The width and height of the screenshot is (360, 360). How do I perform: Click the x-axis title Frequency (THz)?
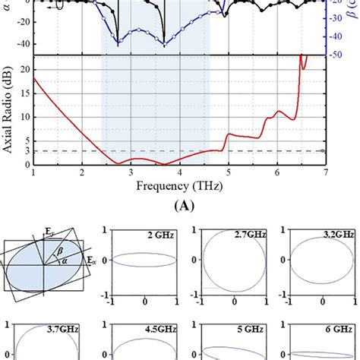pyautogui.click(x=179, y=185)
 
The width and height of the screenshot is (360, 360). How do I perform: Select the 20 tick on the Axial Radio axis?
pyautogui.click(x=23, y=69)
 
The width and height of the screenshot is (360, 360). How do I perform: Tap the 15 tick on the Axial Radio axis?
pyautogui.click(x=23, y=93)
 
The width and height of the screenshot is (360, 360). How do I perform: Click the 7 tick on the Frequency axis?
pyautogui.click(x=325, y=173)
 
